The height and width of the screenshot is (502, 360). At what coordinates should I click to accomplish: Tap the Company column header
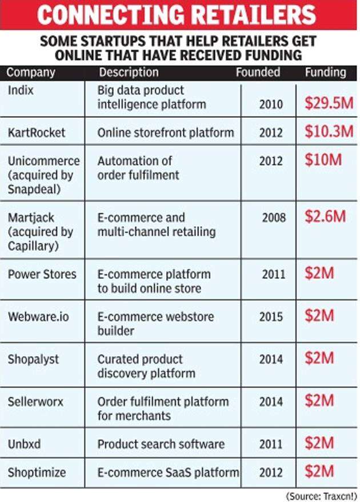31,73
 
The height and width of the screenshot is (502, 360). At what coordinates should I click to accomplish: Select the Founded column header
258,73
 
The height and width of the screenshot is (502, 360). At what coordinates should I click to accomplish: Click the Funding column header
325,73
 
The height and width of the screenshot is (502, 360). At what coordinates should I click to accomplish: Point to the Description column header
129,73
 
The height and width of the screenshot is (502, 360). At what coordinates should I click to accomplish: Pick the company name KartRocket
37,132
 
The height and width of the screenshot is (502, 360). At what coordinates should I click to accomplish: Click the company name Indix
21,90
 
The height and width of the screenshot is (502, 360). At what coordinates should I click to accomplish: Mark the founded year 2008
274,218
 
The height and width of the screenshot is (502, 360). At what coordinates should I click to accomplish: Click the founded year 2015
271,316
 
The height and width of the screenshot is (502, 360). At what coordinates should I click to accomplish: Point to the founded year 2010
271,105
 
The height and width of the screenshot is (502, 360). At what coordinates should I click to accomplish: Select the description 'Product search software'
161,444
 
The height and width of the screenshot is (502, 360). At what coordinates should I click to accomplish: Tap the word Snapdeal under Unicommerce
33,189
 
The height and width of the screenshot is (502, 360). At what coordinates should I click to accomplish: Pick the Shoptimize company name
37,472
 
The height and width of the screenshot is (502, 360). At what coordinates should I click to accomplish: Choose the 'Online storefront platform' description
165,132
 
